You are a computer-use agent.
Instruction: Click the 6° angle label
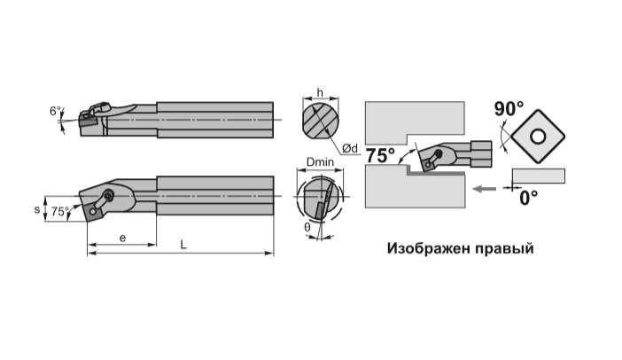click(x=56, y=111)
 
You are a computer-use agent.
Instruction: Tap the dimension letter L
click(x=183, y=245)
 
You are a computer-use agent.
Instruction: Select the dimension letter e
click(x=122, y=239)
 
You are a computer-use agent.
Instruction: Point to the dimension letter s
click(x=37, y=209)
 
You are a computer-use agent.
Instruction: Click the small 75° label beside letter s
click(x=59, y=212)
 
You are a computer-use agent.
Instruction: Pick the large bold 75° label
click(x=380, y=155)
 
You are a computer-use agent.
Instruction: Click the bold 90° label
click(x=509, y=109)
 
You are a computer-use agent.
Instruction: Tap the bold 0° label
click(x=529, y=198)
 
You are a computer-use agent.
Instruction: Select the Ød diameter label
click(x=349, y=149)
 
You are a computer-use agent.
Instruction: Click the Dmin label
click(x=320, y=162)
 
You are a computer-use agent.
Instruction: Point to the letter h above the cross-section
click(x=320, y=93)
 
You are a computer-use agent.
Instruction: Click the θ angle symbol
click(x=307, y=227)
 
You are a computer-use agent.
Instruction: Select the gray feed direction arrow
click(x=485, y=189)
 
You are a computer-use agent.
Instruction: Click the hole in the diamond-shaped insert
click(x=539, y=137)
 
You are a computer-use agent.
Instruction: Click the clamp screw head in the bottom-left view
click(x=107, y=195)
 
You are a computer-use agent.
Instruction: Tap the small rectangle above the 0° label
click(x=539, y=176)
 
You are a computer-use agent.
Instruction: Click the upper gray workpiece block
click(x=415, y=119)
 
